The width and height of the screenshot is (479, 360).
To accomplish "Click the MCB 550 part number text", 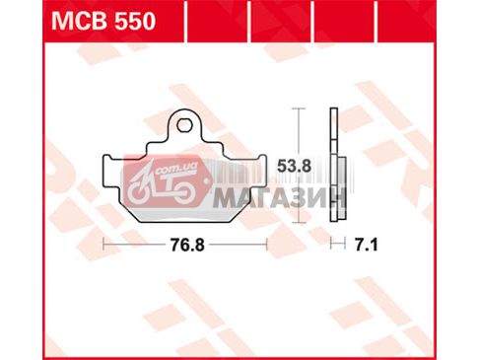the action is (103, 22).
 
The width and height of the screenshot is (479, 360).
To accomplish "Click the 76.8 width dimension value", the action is (187, 245).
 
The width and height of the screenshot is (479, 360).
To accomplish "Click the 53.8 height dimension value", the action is (294, 167).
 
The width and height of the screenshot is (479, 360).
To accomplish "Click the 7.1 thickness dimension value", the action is (366, 245).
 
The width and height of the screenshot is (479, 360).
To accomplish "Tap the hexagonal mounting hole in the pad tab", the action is (184, 124).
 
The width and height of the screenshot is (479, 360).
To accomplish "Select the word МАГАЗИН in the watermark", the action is (279, 198).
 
